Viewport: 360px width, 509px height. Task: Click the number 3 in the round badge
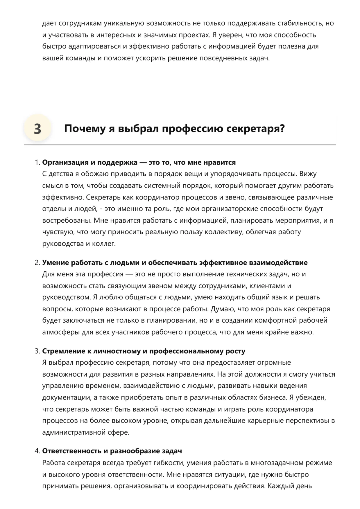[37, 129]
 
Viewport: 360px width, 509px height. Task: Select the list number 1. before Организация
[37, 163]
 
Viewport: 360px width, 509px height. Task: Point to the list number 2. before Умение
[37, 263]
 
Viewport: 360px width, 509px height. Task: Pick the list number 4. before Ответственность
[37, 451]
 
